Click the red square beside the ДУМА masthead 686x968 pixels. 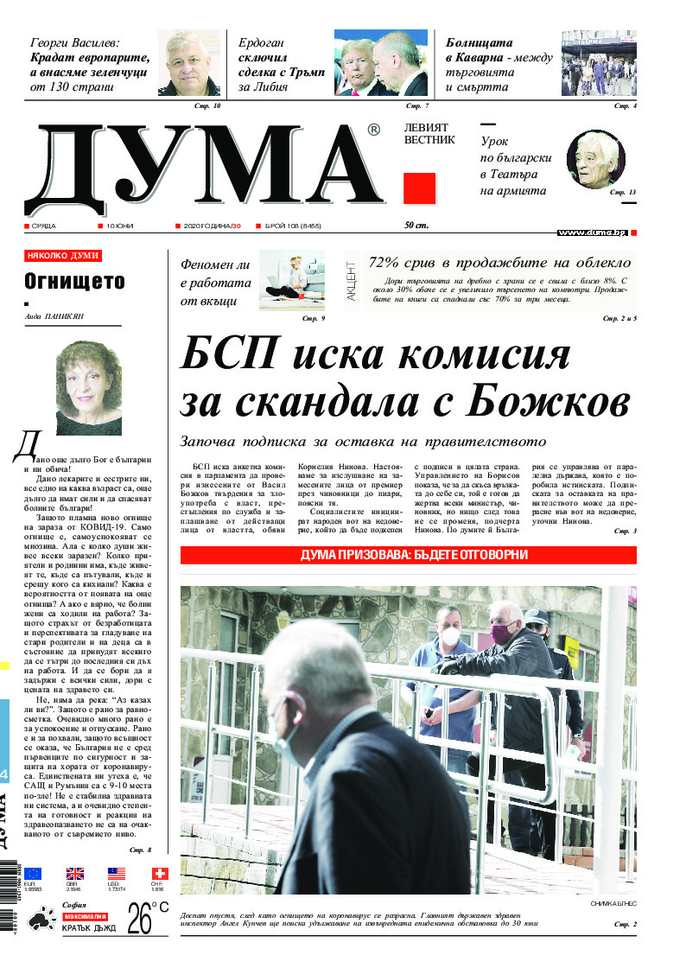pos(419,188)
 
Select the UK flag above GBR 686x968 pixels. pos(75,874)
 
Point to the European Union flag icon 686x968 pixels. pos(33,874)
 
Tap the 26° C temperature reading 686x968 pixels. pos(148,919)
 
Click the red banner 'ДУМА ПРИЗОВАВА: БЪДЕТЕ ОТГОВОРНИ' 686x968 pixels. pos(408,555)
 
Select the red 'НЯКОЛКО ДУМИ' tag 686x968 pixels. pos(63,256)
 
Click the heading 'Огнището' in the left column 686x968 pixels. pos(74,281)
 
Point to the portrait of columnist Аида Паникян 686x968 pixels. pos(88,387)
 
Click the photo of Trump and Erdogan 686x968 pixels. pos(381,63)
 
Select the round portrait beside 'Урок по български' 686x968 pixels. pos(595,160)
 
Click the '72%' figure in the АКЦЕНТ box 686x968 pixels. pos(386,263)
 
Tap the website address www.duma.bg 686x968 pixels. pos(592,233)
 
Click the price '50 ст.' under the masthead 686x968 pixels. pos(416,226)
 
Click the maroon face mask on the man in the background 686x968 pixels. pos(503,634)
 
